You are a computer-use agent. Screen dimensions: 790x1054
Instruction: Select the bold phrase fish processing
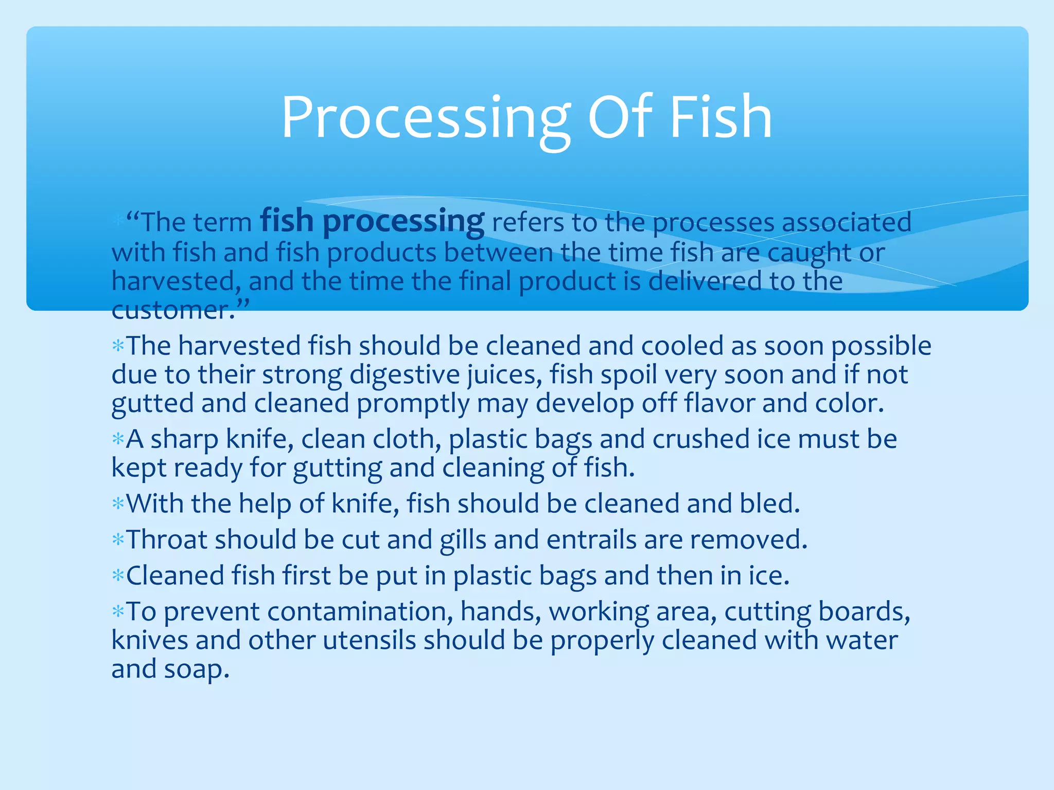point(372,221)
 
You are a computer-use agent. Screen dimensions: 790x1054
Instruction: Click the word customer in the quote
point(170,310)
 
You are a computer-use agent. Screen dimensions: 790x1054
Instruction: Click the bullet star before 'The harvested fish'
point(118,346)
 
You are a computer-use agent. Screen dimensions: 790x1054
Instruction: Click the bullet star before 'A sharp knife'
point(118,439)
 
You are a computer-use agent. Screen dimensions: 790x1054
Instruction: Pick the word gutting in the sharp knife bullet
point(337,468)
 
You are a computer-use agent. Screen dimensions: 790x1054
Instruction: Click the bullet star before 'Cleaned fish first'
point(118,576)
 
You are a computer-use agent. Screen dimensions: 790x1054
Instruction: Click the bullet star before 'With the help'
point(118,504)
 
